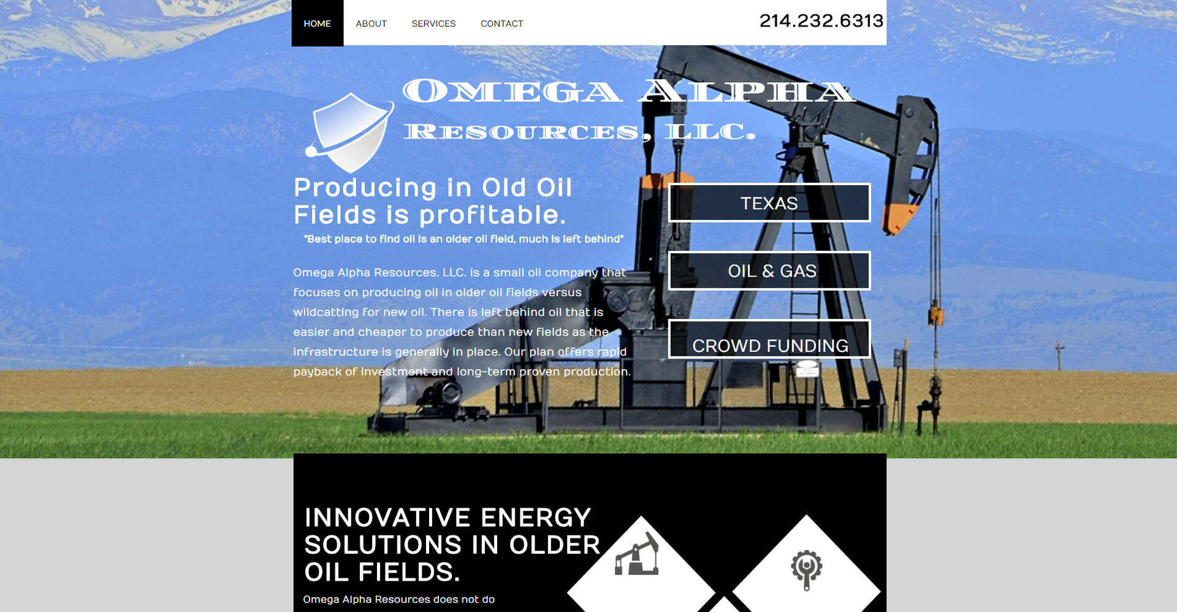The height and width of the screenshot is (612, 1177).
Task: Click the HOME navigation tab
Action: click(x=318, y=23)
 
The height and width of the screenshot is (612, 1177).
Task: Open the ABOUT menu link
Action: click(x=371, y=24)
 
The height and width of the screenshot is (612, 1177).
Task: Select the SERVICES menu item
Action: click(x=433, y=24)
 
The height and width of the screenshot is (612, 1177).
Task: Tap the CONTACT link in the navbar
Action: click(x=501, y=24)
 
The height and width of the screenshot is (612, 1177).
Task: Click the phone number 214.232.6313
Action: click(x=821, y=21)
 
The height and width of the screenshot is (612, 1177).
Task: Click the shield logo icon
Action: click(x=350, y=132)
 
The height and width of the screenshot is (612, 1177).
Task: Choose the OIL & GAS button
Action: click(x=769, y=270)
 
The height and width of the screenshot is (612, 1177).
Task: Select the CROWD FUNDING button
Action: click(x=769, y=339)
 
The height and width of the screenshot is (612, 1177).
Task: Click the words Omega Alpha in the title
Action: click(x=628, y=91)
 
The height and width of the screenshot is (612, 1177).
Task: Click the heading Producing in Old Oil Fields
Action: click(x=433, y=201)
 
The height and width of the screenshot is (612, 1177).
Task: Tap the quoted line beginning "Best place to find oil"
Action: click(x=463, y=239)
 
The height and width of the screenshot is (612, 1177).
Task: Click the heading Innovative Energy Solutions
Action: click(x=452, y=545)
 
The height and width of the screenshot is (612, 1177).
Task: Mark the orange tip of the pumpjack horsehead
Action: click(x=899, y=218)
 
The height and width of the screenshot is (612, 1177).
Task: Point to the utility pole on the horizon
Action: click(x=1059, y=356)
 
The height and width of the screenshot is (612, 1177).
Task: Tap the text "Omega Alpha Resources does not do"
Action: click(x=398, y=599)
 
